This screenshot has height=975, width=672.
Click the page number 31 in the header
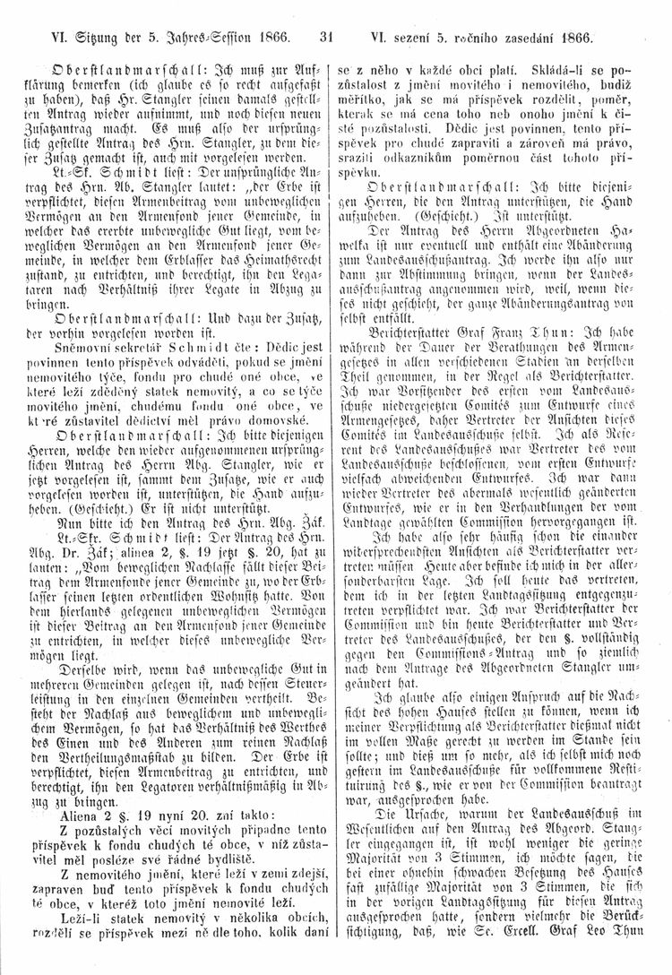tap(325, 38)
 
